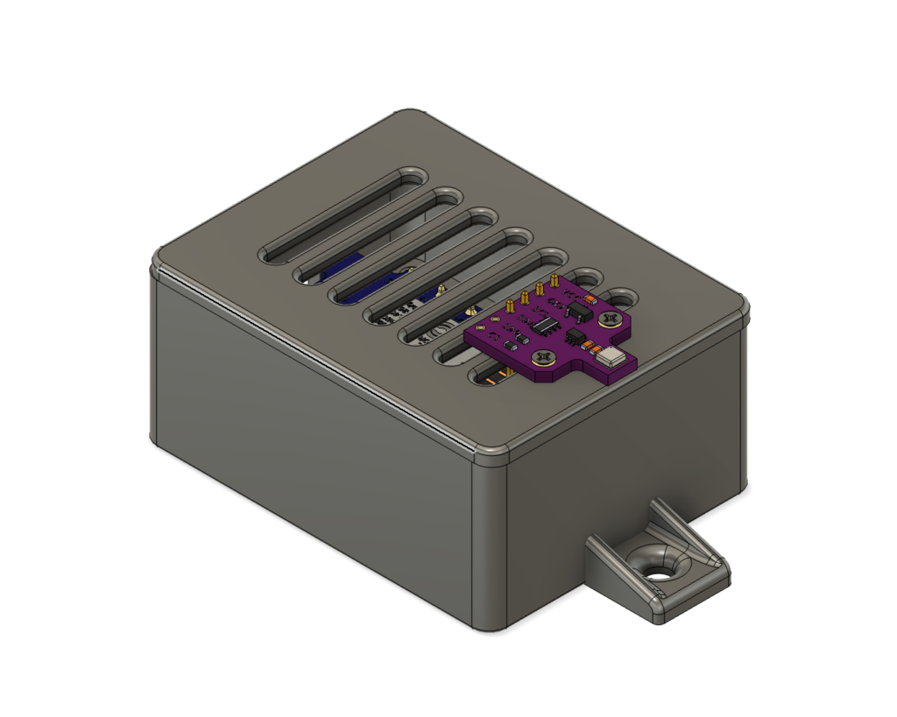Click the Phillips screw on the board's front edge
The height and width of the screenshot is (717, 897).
coord(544,356)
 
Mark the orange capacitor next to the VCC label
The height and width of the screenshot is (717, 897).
coord(590,299)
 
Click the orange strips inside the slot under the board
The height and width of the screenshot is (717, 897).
coord(496,377)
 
